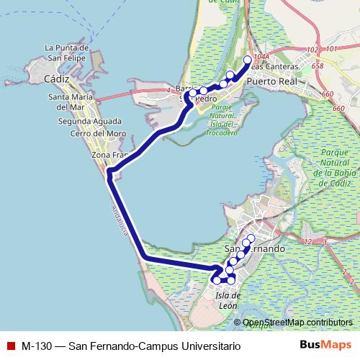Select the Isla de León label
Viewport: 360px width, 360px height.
pos(227,302)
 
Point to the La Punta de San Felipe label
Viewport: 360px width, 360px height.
pos(66,53)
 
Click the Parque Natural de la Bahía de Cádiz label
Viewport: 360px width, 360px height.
pos(332,168)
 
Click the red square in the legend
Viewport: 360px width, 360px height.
pos(10,346)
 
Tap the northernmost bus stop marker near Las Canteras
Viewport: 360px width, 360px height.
pos(248,60)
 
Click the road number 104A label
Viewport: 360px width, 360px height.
pos(261,55)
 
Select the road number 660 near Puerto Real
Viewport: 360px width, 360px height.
pos(328,94)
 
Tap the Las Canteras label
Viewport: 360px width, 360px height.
pos(273,67)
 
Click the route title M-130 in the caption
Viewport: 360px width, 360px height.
pos(36,346)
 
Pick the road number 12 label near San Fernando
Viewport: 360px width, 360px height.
pos(308,241)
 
